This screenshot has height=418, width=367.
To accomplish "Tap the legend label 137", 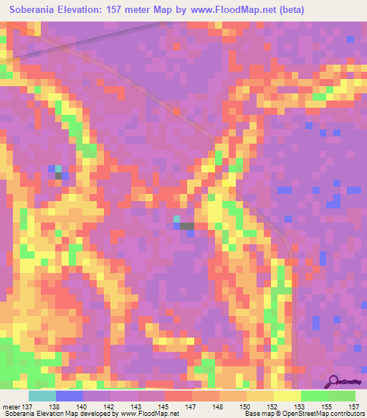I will point(29,407).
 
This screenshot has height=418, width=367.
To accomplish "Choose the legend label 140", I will point(84,407).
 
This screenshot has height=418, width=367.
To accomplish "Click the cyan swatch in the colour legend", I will point(42,396).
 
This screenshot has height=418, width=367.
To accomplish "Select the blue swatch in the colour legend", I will point(70,396).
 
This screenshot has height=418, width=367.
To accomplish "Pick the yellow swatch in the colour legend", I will point(287,396).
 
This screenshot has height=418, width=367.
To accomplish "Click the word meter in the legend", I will point(11,407).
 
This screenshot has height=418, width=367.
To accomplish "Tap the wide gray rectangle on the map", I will point(187,226).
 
